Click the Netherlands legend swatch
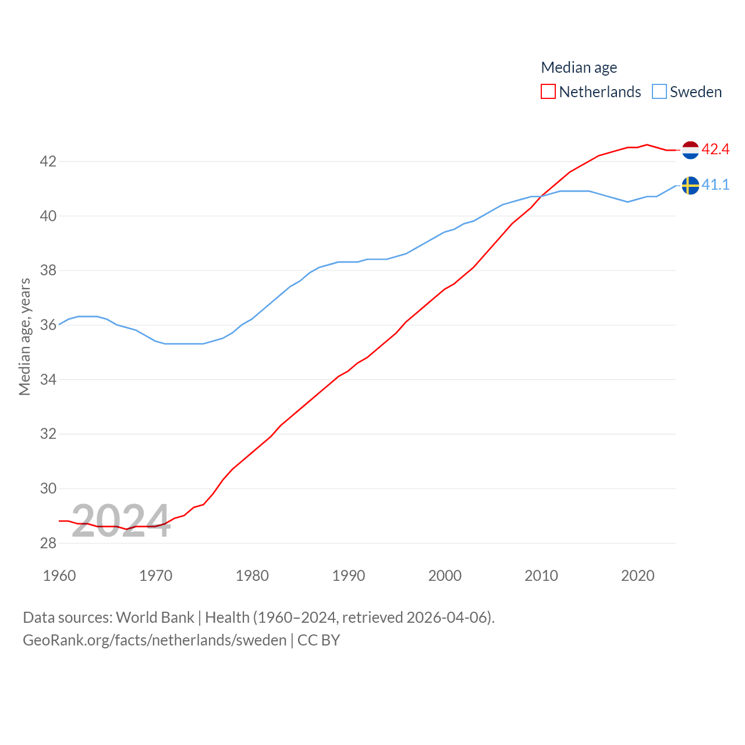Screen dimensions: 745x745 click(548, 92)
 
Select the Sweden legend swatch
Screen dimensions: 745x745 click(659, 92)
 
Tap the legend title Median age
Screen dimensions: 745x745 click(579, 68)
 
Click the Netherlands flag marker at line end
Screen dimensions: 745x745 click(690, 150)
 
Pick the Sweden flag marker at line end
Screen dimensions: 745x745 click(690, 185)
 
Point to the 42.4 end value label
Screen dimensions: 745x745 click(715, 150)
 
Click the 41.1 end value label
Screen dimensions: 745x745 click(715, 185)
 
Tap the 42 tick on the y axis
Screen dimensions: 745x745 click(48, 161)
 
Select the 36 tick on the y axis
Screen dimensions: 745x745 click(48, 325)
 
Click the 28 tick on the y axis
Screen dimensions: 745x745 click(48, 543)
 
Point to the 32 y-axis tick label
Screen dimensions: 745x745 click(48, 434)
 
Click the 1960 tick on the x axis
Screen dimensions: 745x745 click(59, 576)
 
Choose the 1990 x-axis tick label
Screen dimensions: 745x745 click(349, 576)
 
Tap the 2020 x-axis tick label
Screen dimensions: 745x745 click(637, 576)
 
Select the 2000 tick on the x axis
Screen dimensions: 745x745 click(445, 576)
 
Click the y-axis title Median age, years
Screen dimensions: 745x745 click(24, 337)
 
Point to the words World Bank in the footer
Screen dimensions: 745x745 click(155, 618)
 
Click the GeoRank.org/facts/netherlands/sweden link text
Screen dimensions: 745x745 click(154, 640)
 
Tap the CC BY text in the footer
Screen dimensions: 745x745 click(318, 640)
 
